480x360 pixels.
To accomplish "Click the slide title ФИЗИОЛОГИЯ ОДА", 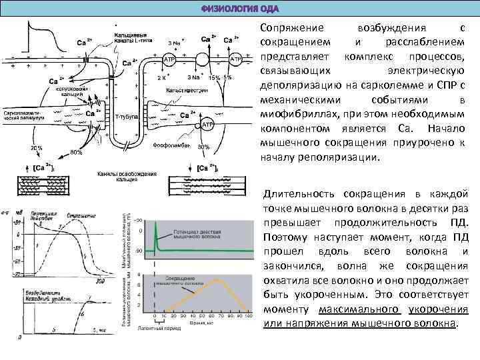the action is [x=240, y=9].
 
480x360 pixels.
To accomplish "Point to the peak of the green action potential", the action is [x=155, y=224].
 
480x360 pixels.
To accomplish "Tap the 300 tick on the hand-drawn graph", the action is [x=100, y=281].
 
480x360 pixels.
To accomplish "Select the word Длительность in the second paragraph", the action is [x=297, y=194].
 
